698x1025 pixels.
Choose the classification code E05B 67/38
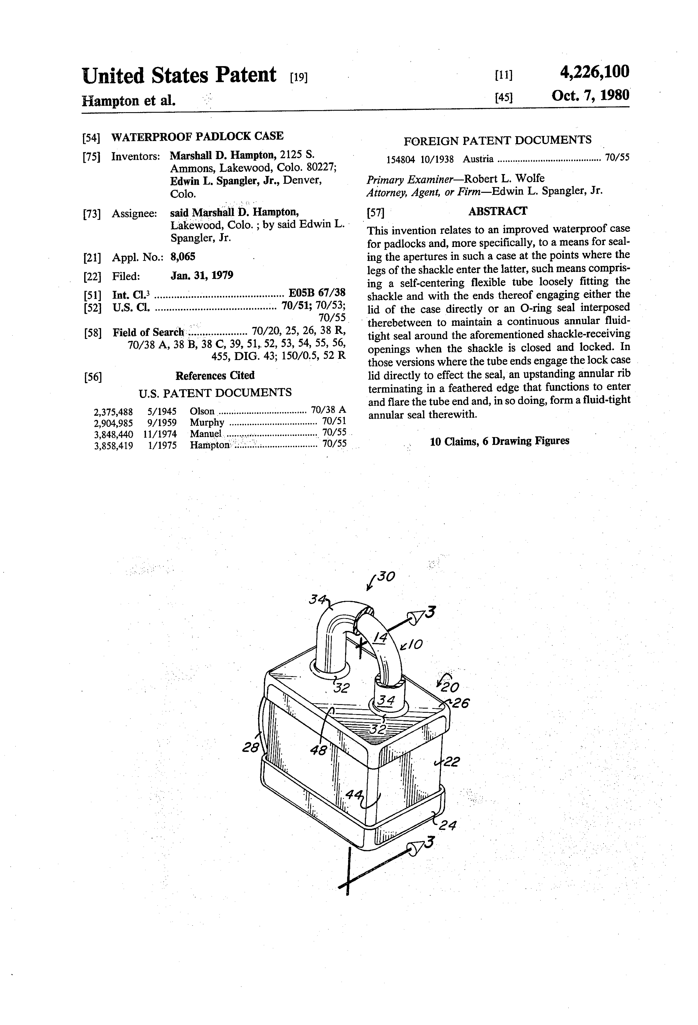click(x=317, y=293)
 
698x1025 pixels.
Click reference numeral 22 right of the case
click(x=451, y=762)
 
